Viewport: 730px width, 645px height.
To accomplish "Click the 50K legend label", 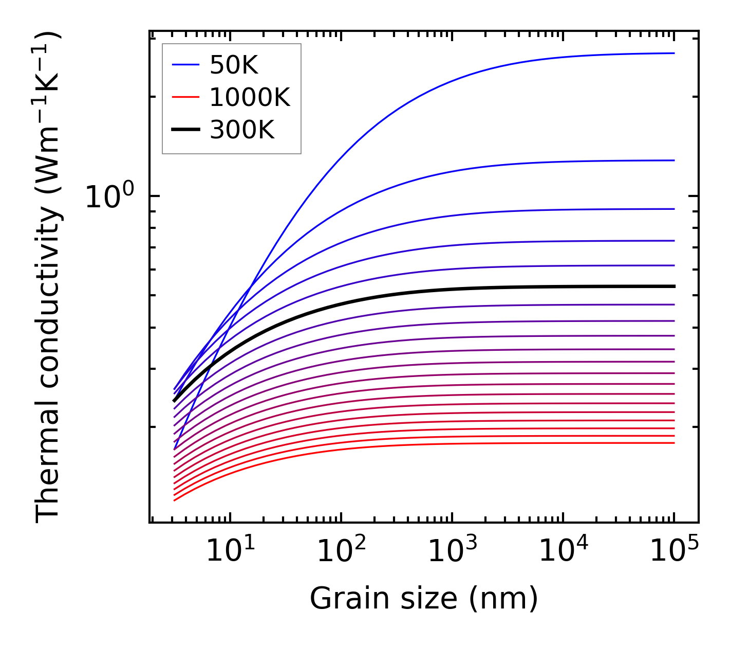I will click(x=234, y=65).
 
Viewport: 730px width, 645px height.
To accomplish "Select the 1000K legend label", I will click(x=250, y=97).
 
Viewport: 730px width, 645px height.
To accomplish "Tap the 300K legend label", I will click(x=242, y=130).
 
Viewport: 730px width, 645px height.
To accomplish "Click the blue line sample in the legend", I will click(x=185, y=65).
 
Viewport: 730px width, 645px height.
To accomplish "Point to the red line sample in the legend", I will click(x=185, y=97).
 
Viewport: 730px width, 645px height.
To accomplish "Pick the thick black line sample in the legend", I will click(x=185, y=130).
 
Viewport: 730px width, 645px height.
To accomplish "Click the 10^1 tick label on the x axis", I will click(x=230, y=551).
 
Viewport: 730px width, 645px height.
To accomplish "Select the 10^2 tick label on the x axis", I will click(x=341, y=551).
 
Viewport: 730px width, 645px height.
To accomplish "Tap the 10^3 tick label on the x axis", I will click(x=452, y=551).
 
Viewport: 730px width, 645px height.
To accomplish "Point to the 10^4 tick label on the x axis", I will click(x=563, y=551).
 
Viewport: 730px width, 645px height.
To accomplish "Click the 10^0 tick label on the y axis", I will click(x=109, y=197).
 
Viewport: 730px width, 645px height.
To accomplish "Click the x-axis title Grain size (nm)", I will click(x=424, y=599).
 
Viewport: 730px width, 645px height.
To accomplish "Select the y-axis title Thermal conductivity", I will click(x=48, y=278).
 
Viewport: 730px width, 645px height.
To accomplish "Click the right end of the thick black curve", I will click(x=673, y=286).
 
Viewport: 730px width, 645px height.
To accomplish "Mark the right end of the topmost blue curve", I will click(x=673, y=53).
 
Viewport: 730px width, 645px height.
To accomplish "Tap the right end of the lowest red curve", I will click(x=673, y=443).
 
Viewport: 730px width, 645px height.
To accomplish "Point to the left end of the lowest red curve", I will click(x=175, y=500).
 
